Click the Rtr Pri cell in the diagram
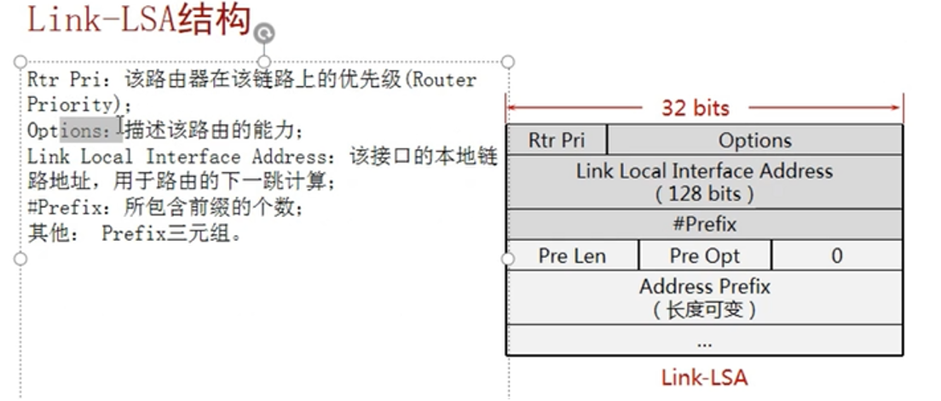557,140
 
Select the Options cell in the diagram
754,140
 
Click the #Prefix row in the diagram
704,225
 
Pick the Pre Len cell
572,255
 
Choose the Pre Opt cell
704,255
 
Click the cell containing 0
836,255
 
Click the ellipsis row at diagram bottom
704,341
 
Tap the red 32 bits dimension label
696,108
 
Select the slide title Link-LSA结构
139,20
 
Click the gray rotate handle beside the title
264,32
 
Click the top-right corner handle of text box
508,61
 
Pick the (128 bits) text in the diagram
704,193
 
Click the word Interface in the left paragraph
192,157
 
